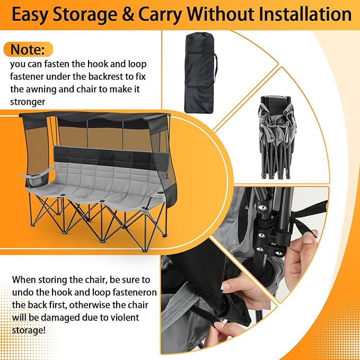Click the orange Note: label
point(28,50)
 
